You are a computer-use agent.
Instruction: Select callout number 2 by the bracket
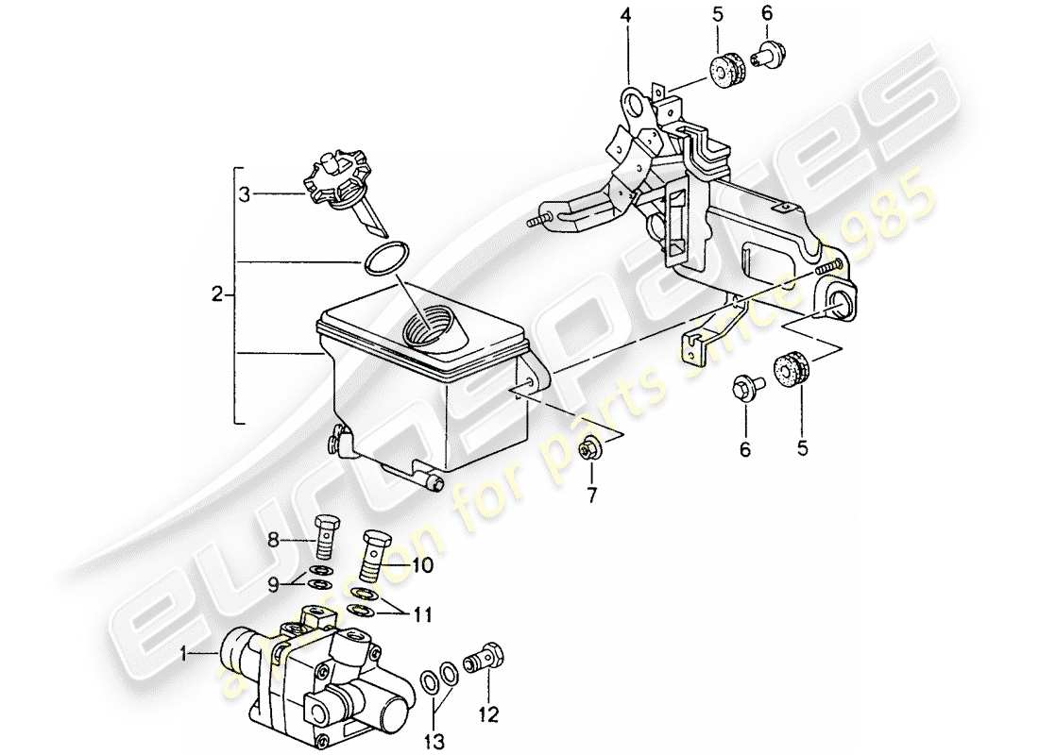(x=217, y=295)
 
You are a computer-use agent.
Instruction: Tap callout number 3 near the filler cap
(x=245, y=195)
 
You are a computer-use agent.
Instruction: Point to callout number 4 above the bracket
(x=624, y=16)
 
